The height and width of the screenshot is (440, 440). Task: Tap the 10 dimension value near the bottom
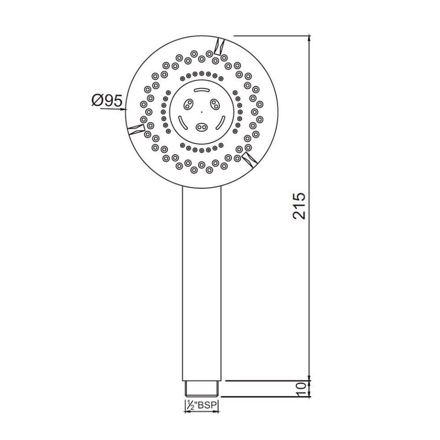[301, 389]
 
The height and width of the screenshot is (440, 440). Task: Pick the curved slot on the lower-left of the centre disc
[182, 122]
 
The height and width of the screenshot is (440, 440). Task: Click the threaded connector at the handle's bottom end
[202, 389]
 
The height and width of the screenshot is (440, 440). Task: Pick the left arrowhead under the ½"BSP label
[187, 412]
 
